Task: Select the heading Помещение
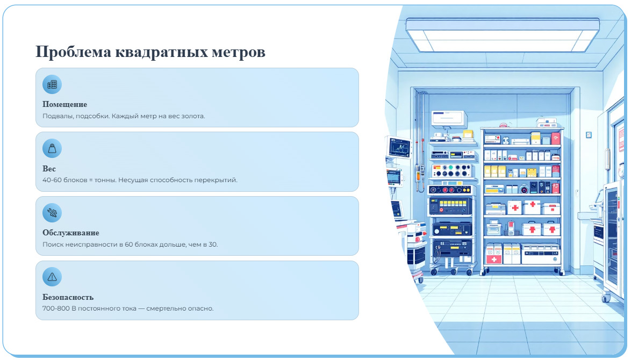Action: tap(64, 104)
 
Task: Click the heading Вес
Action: tap(49, 169)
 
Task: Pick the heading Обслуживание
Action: tap(71, 233)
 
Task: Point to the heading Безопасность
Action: tap(68, 297)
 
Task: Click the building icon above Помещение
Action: tap(52, 84)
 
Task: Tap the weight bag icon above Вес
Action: tap(52, 148)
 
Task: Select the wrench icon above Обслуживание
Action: tap(52, 213)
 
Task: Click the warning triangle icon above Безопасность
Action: tap(52, 277)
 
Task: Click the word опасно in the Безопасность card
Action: tap(202, 308)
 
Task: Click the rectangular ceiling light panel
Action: tap(502, 34)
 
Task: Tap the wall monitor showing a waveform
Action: tap(398, 147)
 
